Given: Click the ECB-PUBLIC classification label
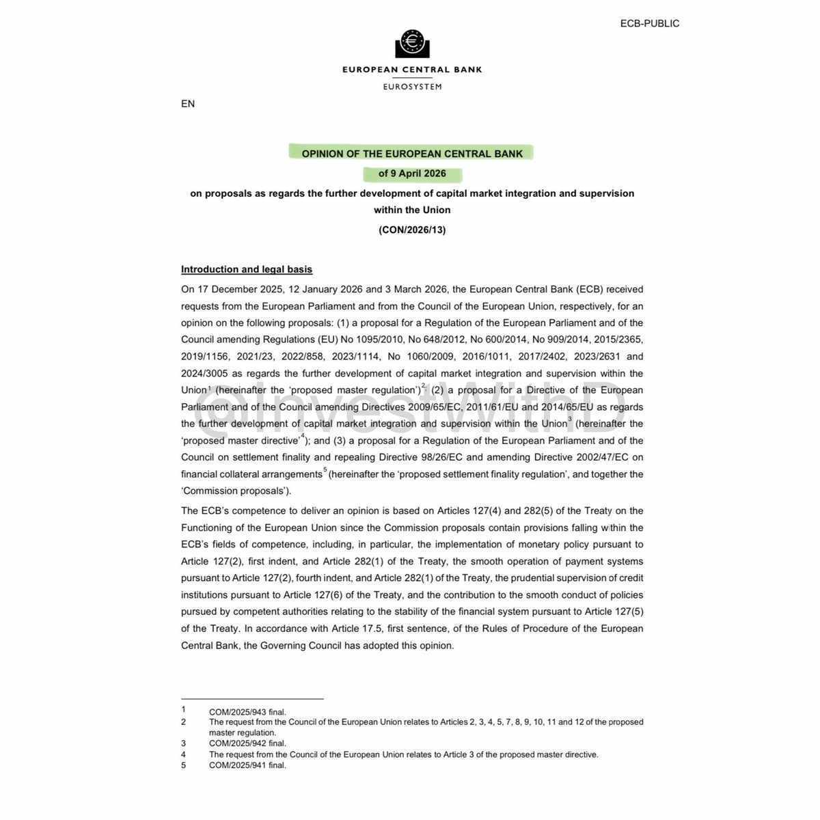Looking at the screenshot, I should click(x=649, y=23).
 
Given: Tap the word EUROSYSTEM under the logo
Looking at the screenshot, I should click(x=412, y=87).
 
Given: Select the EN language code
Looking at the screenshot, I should click(x=188, y=104).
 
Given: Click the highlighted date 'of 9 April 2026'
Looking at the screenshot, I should click(x=412, y=174).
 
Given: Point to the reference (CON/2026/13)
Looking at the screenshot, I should click(x=412, y=230).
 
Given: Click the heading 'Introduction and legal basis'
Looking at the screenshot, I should click(x=247, y=269).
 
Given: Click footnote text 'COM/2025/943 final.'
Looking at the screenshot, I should click(x=247, y=712).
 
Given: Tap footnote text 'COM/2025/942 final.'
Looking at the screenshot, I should click(x=247, y=743).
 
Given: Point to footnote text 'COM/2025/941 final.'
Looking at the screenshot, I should click(x=247, y=765).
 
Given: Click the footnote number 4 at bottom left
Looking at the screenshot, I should click(x=183, y=754).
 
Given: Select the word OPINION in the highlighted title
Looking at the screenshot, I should click(x=325, y=154).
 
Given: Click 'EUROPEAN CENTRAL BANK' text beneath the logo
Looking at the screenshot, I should click(x=412, y=70).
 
